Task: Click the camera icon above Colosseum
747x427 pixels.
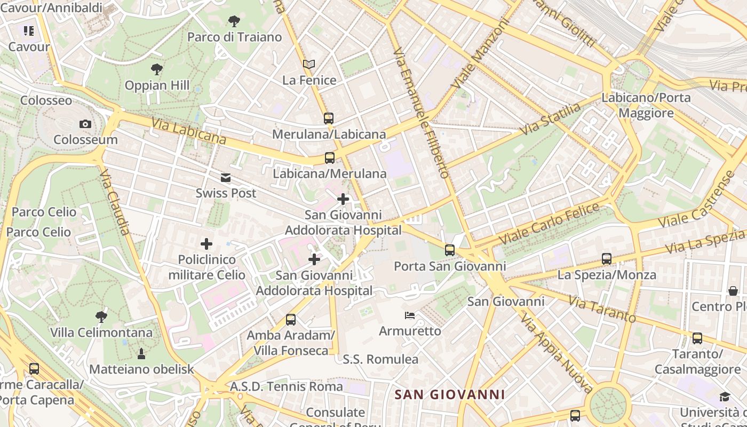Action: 85,124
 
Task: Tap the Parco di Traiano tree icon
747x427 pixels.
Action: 234,22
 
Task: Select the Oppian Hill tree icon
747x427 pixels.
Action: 156,69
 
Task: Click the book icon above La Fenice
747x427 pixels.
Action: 309,65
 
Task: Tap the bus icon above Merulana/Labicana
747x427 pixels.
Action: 329,118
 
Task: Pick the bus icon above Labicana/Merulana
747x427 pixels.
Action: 330,158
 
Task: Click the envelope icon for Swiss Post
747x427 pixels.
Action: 226,178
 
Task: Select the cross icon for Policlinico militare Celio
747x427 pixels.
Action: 206,244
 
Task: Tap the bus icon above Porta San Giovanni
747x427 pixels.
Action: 450,250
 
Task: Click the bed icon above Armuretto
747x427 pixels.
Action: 410,315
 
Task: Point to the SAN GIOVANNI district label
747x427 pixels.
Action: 449,395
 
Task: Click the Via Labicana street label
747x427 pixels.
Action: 188,131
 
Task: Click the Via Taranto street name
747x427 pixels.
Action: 602,309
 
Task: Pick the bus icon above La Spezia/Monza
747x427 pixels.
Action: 607,259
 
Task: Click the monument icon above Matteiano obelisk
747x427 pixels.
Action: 141,353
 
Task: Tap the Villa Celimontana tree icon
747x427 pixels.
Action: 101,317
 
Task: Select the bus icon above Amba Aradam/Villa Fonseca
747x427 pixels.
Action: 291,320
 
